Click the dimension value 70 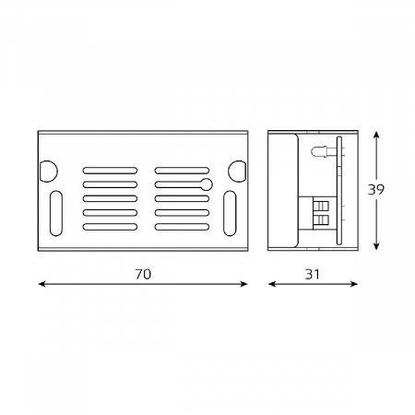pos(143,274)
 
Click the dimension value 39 pos(375,190)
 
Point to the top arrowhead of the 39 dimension pos(376,135)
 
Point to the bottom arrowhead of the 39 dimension pos(376,247)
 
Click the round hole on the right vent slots pos(206,184)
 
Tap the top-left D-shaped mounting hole pos(48,171)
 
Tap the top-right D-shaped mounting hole pos(237,172)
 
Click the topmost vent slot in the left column pos(110,171)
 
